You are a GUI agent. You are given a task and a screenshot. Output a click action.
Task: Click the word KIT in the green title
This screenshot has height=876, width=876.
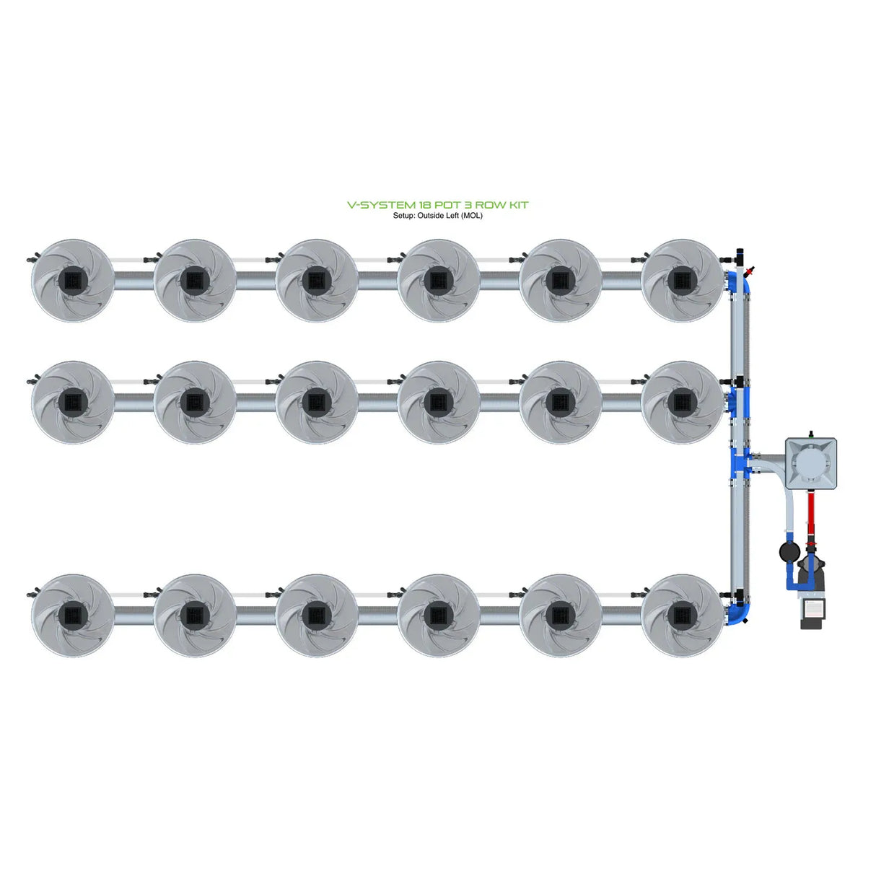coord(519,205)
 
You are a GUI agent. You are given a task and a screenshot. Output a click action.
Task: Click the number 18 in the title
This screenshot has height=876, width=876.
coord(425,205)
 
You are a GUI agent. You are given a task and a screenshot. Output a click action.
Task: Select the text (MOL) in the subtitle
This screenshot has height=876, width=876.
coord(472,216)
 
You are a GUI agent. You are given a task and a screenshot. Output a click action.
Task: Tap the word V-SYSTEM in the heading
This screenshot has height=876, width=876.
coord(381,205)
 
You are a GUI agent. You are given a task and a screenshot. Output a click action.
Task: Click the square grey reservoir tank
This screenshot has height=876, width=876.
coord(810,463)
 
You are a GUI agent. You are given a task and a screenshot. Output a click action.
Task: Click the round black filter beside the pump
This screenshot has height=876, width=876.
coord(789,552)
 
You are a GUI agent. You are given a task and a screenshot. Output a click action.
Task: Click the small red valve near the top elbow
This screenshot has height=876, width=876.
coord(751,271)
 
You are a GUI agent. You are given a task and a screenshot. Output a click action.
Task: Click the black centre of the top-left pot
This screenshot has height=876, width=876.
coord(73,281)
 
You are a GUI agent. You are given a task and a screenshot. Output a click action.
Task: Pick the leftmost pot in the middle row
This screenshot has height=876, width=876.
coord(73,402)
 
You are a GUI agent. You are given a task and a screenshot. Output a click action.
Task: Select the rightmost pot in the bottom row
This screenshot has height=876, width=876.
coord(682,615)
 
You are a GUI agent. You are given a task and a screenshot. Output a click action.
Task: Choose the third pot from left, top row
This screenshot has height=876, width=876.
coord(317,281)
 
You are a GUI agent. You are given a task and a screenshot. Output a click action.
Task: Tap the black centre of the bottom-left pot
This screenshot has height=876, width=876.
coord(73,615)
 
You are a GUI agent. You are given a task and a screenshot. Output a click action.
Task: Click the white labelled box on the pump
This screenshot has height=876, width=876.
coord(813,609)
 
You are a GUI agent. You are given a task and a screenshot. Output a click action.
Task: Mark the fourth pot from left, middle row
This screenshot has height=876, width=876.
coord(439,402)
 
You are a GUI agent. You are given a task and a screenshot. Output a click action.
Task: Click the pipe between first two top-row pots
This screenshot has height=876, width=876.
coord(133,281)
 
